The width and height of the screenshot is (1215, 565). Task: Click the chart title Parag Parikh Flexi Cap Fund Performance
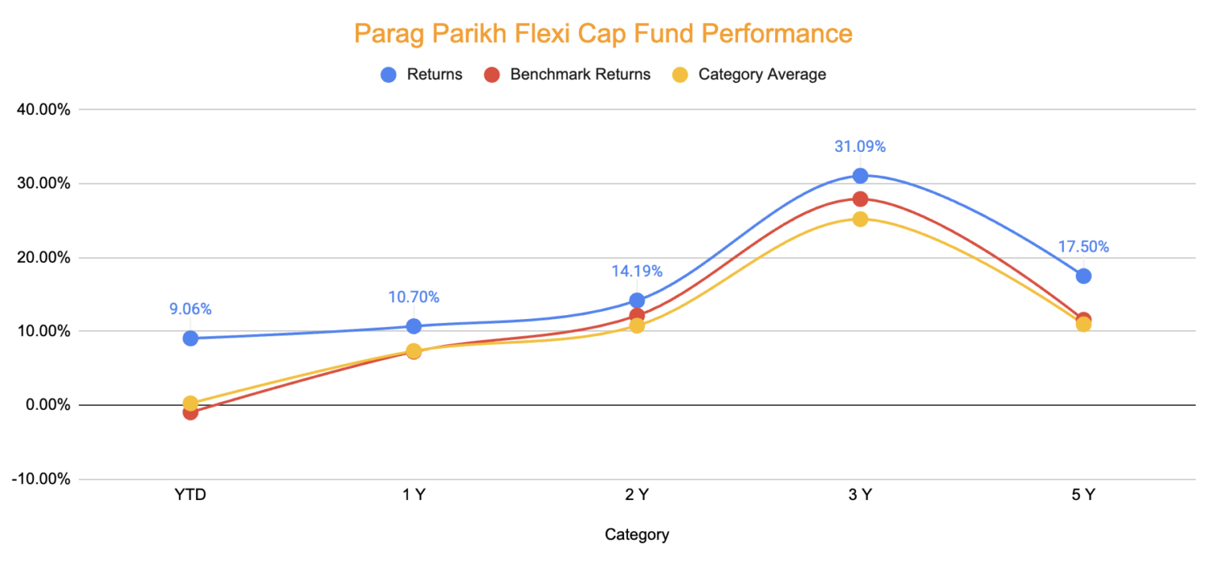[x=603, y=34]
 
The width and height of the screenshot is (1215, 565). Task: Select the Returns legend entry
[x=422, y=74]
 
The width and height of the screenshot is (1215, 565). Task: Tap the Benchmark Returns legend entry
[x=568, y=74]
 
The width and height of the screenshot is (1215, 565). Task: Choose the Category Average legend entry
[x=750, y=74]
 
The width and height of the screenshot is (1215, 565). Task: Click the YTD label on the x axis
[x=190, y=495]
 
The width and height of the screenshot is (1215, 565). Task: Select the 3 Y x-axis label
[x=860, y=495]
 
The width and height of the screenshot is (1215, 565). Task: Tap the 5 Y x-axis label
[x=1083, y=495]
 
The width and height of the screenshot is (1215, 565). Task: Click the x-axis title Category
[x=637, y=534]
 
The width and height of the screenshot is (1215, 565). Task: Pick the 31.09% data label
[x=860, y=146]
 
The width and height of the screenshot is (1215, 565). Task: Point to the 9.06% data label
[x=190, y=309]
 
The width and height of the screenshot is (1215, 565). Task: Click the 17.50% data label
[x=1083, y=247]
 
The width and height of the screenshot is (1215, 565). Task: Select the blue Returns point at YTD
[x=190, y=338]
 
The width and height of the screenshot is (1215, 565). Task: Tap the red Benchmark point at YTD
[x=190, y=412]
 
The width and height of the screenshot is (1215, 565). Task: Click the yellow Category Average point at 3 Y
[x=860, y=218]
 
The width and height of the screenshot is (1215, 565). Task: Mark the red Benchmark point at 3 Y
[x=860, y=199]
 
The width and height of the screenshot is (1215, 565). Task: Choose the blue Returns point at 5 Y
[x=1083, y=275]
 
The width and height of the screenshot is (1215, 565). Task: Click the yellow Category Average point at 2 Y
[x=637, y=325]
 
